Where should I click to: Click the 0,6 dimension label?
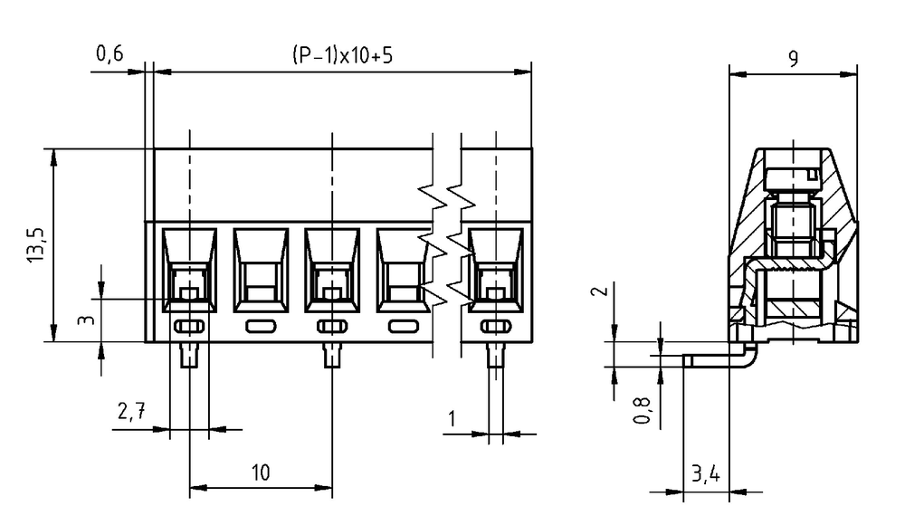click(110, 53)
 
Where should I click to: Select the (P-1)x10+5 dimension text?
click(342, 55)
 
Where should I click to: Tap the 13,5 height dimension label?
click(35, 245)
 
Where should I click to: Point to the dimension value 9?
click(794, 58)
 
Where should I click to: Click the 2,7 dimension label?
click(131, 411)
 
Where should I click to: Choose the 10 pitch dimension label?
click(261, 472)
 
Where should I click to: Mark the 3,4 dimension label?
click(705, 474)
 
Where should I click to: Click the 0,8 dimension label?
click(642, 410)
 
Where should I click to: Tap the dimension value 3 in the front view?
click(86, 319)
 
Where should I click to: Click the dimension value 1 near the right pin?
click(452, 419)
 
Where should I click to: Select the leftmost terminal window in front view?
click(189, 270)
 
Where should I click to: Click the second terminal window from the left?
click(261, 270)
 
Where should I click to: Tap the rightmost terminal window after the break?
click(496, 270)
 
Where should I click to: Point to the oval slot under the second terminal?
click(261, 327)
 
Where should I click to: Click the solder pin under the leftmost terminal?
click(189, 355)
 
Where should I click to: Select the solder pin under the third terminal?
click(332, 355)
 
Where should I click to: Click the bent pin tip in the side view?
click(687, 361)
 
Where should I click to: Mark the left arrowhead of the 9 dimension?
click(738, 74)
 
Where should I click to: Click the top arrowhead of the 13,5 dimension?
click(53, 157)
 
